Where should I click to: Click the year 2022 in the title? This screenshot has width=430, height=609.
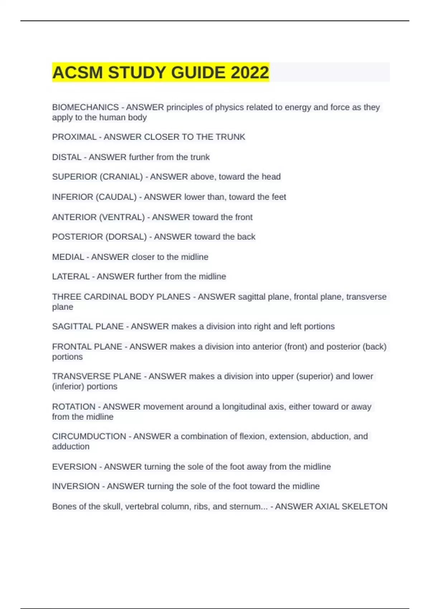click(x=249, y=73)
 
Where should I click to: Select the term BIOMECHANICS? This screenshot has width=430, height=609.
click(x=85, y=107)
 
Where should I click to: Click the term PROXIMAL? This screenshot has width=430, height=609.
click(x=74, y=137)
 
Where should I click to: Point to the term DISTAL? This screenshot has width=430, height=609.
click(x=67, y=157)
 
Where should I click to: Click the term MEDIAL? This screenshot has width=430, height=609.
click(x=68, y=257)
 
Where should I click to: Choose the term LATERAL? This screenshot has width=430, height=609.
click(x=71, y=277)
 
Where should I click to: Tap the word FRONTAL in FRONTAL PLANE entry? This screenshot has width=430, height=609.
click(x=69, y=347)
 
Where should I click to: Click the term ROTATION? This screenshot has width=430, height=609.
click(x=73, y=407)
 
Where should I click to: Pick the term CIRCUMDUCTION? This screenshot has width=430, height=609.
click(x=89, y=437)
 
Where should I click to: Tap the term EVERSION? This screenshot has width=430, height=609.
click(x=74, y=467)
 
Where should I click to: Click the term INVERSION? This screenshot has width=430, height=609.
click(x=76, y=486)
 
